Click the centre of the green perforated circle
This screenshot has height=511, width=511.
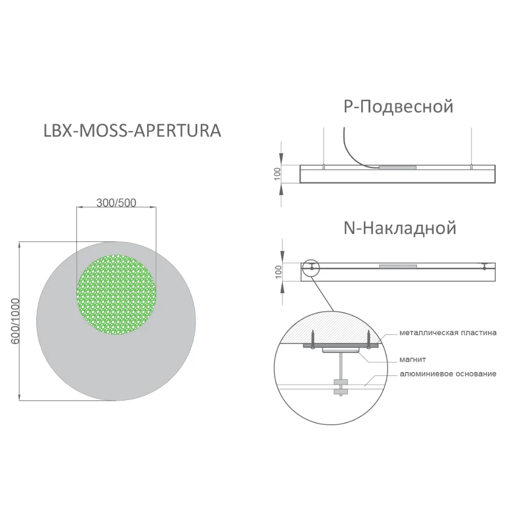click(x=117, y=295)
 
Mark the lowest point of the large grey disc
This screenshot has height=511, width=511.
click(x=116, y=401)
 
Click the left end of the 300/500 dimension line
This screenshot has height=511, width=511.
click(x=77, y=206)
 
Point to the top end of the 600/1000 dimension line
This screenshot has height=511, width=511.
click(x=20, y=242)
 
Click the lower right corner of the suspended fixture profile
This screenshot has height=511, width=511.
click(x=495, y=182)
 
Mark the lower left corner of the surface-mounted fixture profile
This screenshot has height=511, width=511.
click(x=301, y=281)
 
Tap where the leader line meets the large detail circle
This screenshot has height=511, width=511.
click(x=334, y=311)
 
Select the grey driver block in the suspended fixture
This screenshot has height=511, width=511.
click(x=397, y=168)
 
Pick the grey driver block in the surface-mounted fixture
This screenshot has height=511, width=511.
click(x=398, y=267)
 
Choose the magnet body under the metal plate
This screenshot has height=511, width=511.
click(x=340, y=350)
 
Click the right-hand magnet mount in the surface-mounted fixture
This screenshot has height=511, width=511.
click(x=484, y=266)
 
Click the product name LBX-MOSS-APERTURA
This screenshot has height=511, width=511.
click(x=132, y=131)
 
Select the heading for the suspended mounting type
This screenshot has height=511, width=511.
click(x=398, y=107)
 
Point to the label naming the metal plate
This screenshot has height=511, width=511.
click(x=448, y=333)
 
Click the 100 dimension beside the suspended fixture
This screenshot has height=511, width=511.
click(x=277, y=174)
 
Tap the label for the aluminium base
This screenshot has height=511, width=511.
click(x=448, y=374)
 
